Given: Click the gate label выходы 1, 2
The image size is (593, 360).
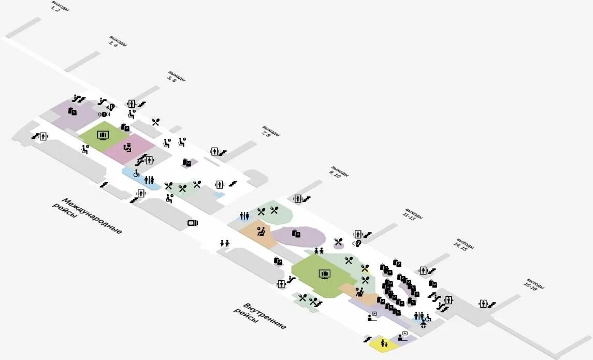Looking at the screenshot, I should pos(60,7).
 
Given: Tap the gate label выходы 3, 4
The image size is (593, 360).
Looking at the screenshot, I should pos(117,42).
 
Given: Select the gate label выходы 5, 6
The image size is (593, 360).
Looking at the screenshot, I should pos(176,77).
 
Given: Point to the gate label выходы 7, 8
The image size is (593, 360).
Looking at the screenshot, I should pos(270,132).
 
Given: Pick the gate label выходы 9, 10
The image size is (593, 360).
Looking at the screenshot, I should pos(339,172).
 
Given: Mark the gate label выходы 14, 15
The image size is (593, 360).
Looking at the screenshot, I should pos(464,245).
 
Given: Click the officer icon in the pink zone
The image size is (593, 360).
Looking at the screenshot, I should pos(127,148).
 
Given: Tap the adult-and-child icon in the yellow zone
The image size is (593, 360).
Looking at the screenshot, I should pos(384,343).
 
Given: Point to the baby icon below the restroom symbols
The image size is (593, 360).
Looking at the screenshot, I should pos(424,325).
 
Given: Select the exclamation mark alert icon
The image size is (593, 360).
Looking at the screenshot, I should pos(104,114).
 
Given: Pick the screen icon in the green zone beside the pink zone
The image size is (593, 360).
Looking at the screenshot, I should pos(103,136).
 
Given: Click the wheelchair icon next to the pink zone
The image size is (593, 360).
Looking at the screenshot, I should pos(137,174).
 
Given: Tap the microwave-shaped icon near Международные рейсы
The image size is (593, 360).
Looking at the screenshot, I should pos(192,223).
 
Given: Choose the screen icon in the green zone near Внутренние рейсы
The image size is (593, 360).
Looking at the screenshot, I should pos(325,273).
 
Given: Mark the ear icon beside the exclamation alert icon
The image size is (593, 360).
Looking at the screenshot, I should pos(112,107).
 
